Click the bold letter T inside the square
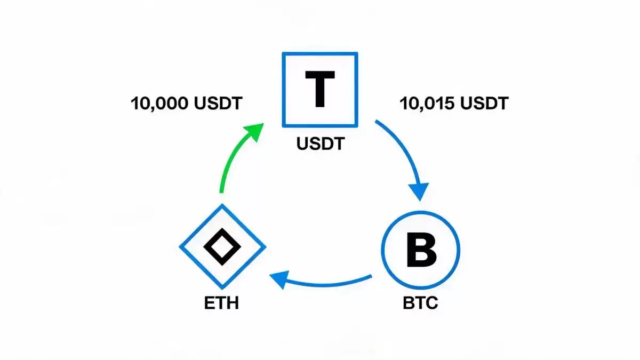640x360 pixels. [x=320, y=89]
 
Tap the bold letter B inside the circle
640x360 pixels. [x=422, y=250]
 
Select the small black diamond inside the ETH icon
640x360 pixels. [x=222, y=247]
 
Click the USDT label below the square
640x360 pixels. [x=321, y=143]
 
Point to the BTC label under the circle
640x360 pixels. [x=420, y=303]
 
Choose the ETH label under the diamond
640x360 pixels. [x=221, y=303]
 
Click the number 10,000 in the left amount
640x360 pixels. [x=159, y=103]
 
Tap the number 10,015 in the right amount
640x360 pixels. [x=427, y=103]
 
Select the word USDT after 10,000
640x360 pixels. [x=218, y=103]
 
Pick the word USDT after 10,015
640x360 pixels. [x=485, y=103]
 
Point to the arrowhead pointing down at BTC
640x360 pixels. [x=419, y=191]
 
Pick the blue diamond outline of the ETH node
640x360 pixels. [x=201, y=225]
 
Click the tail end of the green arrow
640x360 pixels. [x=221, y=192]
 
